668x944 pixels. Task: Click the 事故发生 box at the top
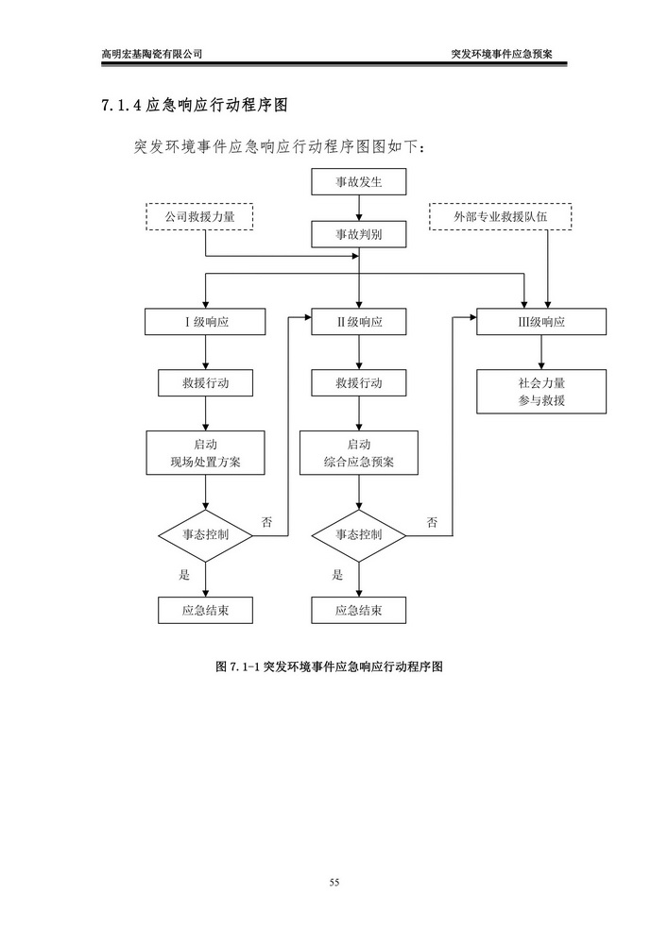coord(359,180)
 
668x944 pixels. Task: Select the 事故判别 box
coord(359,233)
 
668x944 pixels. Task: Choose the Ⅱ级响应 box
coord(359,322)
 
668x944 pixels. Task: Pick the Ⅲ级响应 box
coord(541,322)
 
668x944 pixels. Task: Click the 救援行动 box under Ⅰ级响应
coord(206,383)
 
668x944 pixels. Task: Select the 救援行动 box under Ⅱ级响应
coord(359,383)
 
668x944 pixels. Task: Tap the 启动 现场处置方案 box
coord(206,453)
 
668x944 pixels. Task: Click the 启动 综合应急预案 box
coord(359,453)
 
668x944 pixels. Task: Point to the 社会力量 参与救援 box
coord(541,392)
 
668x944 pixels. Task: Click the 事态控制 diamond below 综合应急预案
coord(359,534)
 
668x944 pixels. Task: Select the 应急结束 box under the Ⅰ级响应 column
coord(206,610)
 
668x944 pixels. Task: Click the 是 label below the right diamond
coord(337,575)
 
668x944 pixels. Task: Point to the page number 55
coord(334,883)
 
